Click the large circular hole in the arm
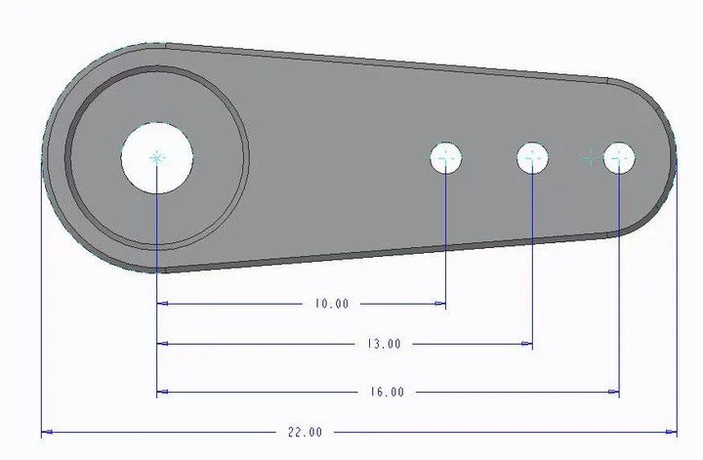[x=157, y=157]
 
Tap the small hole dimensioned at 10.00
[x=446, y=157]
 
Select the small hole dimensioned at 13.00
[x=532, y=156]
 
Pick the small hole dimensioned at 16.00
[x=619, y=157]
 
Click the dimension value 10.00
[x=331, y=304]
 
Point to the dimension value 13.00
[x=384, y=344]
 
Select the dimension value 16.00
[x=387, y=392]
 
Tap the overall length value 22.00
[x=305, y=431]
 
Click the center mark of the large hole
[x=157, y=157]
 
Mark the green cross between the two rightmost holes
[x=588, y=157]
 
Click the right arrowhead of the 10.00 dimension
[x=441, y=304]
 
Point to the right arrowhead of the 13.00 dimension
[x=527, y=344]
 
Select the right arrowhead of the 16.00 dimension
[x=614, y=392]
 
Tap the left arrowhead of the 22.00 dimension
[x=46, y=431]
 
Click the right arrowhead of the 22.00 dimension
[x=671, y=431]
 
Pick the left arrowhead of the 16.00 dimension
[x=163, y=392]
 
